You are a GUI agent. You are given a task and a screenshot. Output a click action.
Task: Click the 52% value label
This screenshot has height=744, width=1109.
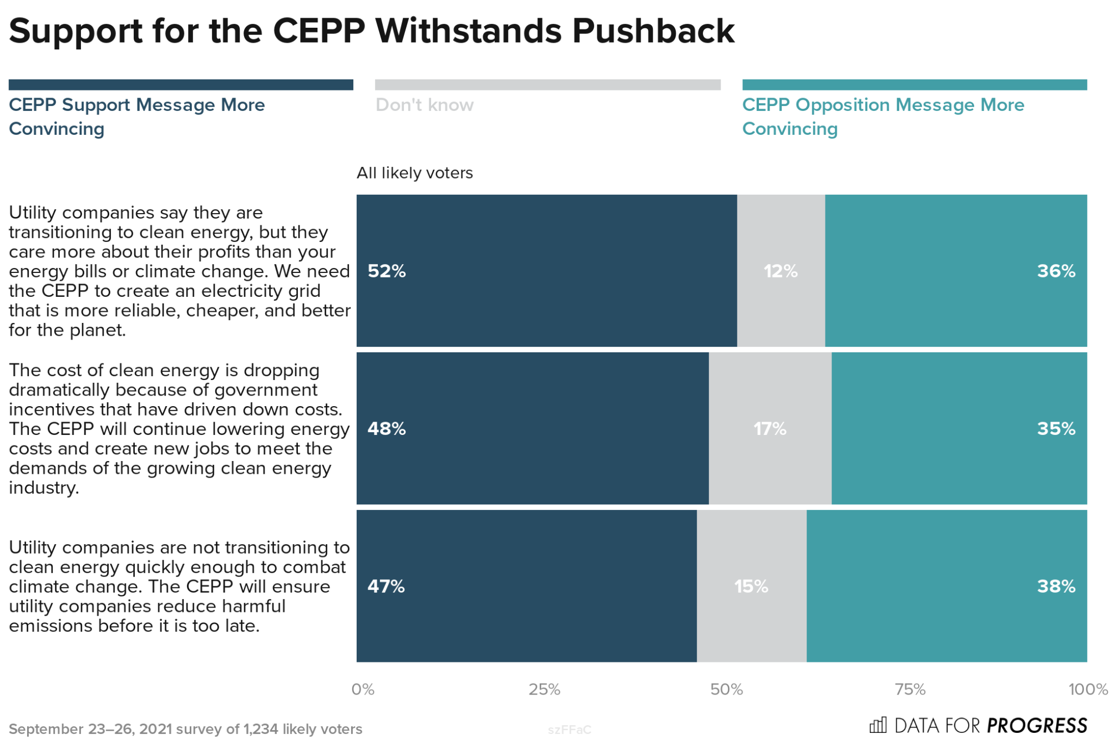point(387,271)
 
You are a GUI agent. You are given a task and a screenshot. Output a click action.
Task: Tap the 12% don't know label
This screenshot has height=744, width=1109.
point(780,271)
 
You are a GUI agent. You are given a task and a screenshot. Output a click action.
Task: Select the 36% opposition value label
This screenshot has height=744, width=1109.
point(1056,271)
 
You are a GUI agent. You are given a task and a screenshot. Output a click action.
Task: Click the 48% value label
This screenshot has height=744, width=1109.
point(387,428)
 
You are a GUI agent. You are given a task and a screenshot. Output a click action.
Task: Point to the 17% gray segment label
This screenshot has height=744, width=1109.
point(769,428)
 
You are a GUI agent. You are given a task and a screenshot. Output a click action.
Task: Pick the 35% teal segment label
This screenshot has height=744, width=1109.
point(1056,428)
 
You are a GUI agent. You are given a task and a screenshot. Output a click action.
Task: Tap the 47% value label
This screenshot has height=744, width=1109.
point(386,586)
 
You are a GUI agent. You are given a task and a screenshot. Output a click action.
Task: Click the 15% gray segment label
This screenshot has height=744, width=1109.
point(751,586)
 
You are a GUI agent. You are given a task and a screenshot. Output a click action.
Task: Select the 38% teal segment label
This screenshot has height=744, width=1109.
point(1056,586)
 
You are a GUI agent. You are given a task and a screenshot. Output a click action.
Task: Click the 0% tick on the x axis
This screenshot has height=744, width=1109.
point(363,689)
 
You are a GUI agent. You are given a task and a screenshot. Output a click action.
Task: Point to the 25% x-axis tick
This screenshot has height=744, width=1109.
point(544,689)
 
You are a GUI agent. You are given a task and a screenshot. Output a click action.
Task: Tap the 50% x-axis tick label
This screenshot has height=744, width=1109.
point(726,689)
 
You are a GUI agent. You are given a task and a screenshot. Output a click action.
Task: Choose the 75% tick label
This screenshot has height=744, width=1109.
point(910,689)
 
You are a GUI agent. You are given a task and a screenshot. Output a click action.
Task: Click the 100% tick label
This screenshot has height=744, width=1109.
point(1087,689)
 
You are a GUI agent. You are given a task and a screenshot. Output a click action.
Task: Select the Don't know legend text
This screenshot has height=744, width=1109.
point(424,105)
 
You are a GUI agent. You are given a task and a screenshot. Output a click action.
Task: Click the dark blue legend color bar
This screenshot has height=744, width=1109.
point(181,84)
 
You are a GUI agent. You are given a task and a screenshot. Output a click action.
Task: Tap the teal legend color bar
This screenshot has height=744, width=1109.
point(914,84)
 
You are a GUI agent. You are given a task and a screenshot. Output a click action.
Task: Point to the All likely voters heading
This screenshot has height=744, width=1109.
point(414,173)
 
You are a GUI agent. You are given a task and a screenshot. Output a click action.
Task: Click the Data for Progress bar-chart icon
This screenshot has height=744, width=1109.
point(878,725)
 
